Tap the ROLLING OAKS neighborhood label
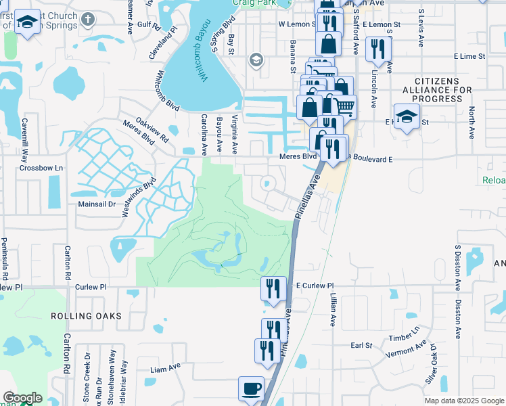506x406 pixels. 86,316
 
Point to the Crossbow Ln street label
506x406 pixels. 41,168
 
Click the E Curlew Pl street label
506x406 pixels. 315,286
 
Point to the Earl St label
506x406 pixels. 361,345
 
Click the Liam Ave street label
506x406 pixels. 165,368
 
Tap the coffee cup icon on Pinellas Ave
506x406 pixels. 251,389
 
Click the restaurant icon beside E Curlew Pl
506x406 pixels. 273,288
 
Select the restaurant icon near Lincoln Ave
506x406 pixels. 376,49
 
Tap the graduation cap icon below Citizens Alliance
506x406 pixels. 407,116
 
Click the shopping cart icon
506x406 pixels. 344,106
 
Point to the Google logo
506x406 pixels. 22,398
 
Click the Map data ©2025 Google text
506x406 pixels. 463,401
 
